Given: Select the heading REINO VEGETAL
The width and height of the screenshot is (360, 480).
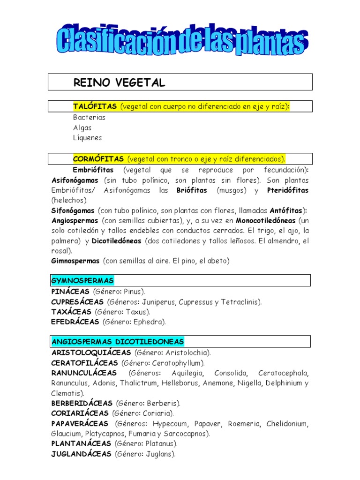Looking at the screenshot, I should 119,83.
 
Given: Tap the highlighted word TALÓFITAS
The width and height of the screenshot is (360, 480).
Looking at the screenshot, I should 95,107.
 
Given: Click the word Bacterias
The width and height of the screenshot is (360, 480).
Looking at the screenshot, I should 89,117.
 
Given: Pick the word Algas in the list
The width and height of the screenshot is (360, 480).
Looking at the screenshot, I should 82,127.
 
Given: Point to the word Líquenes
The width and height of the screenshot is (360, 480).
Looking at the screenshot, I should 87,138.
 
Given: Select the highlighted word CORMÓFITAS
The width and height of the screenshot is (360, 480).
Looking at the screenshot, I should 98,159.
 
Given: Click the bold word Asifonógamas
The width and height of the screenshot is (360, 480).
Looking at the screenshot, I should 75,180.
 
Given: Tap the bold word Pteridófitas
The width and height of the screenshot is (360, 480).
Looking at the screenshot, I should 288,190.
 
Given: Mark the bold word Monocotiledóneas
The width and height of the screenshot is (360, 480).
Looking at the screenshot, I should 266,220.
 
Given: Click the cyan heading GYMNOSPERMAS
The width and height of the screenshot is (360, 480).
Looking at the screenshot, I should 82,281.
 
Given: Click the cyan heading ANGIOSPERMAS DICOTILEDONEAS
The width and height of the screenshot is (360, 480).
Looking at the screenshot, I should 118,341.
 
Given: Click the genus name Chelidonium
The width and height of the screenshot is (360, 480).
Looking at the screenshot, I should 287,424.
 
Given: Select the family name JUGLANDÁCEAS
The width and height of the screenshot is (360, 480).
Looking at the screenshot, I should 81,454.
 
